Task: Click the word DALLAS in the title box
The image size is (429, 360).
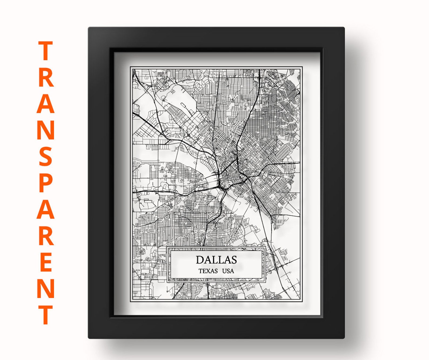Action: pos(216,260)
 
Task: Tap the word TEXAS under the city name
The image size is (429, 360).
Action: pos(208,271)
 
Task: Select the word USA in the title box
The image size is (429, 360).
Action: pos(228,271)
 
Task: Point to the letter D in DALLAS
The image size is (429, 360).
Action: pos(200,260)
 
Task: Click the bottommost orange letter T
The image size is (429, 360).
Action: pos(45,315)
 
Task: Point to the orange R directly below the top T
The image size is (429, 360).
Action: pos(46,78)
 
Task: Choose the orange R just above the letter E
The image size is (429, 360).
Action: pos(46,236)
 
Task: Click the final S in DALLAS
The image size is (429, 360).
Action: pos(233,260)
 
